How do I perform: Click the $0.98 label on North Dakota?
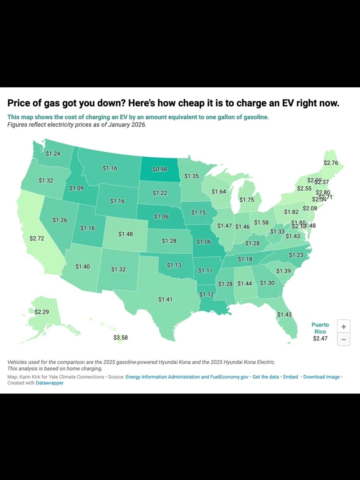coord(160,169)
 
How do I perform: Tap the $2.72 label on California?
coord(37,238)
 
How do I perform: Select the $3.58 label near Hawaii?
coord(120,338)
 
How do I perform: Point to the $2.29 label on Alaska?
coord(42,312)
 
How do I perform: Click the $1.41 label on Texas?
coord(165,299)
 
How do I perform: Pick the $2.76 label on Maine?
coord(331,163)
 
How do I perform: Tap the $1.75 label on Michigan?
coord(246,200)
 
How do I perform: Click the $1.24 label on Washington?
coord(53,154)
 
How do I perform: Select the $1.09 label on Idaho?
coord(76,188)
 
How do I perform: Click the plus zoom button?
coord(344,327)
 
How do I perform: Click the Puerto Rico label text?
coord(320,328)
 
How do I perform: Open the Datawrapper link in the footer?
coord(49,383)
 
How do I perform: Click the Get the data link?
coord(265,377)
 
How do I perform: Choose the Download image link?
coord(321,377)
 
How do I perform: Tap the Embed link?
coord(290,377)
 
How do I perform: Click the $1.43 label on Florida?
coord(284,314)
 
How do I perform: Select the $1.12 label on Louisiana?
coord(206,294)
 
